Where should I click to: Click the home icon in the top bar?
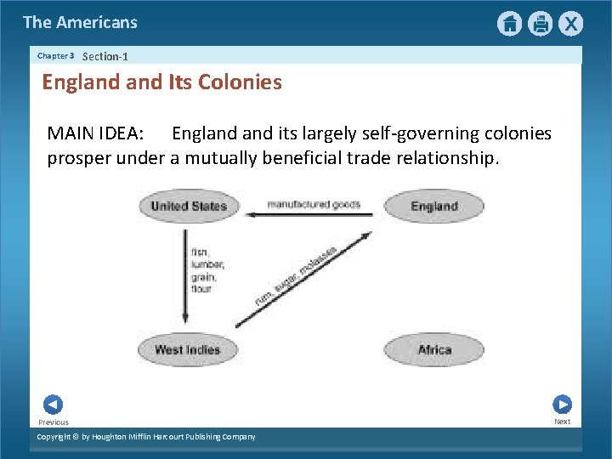(509, 24)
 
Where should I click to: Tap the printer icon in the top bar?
(540, 24)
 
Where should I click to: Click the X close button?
(571, 24)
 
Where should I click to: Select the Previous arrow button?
(53, 405)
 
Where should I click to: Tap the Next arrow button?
(562, 405)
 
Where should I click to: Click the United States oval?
(189, 206)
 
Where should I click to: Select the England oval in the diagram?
(433, 206)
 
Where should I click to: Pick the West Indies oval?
(187, 349)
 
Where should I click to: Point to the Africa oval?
(433, 349)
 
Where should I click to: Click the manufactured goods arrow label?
(314, 204)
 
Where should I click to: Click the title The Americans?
(80, 22)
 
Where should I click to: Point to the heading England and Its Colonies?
(161, 82)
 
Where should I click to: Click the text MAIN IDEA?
(95, 133)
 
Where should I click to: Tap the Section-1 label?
(105, 56)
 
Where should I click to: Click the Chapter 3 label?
(56, 56)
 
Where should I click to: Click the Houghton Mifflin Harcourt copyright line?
(146, 437)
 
